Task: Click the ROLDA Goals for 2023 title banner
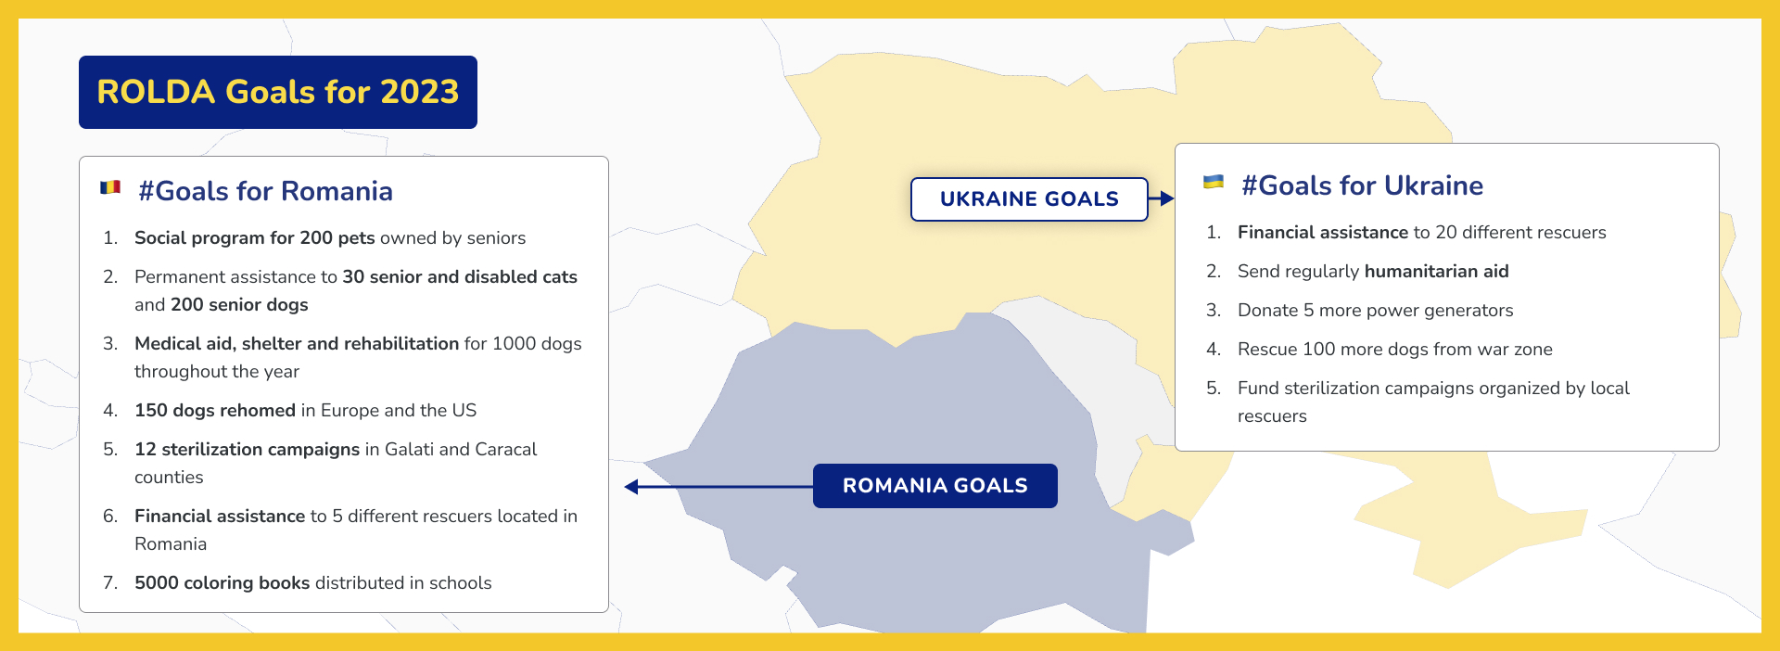(x=278, y=92)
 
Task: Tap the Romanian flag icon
(x=110, y=187)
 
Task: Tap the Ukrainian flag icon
(x=1214, y=182)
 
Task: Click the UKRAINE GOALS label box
(x=1029, y=199)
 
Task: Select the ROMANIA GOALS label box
(x=935, y=486)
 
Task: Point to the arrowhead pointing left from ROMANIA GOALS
(x=631, y=487)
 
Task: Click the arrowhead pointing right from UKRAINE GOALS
(x=1167, y=198)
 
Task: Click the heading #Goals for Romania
(x=265, y=191)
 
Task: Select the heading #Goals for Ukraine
(x=1362, y=185)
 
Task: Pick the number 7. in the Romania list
(x=110, y=582)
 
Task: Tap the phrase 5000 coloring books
(x=222, y=582)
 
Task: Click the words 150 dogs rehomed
(x=215, y=410)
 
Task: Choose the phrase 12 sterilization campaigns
(x=247, y=449)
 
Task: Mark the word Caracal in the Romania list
(x=505, y=449)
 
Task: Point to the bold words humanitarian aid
(x=1436, y=271)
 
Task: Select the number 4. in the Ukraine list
(x=1214, y=349)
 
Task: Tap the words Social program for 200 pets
(x=255, y=237)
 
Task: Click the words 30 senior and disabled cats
(x=460, y=276)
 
